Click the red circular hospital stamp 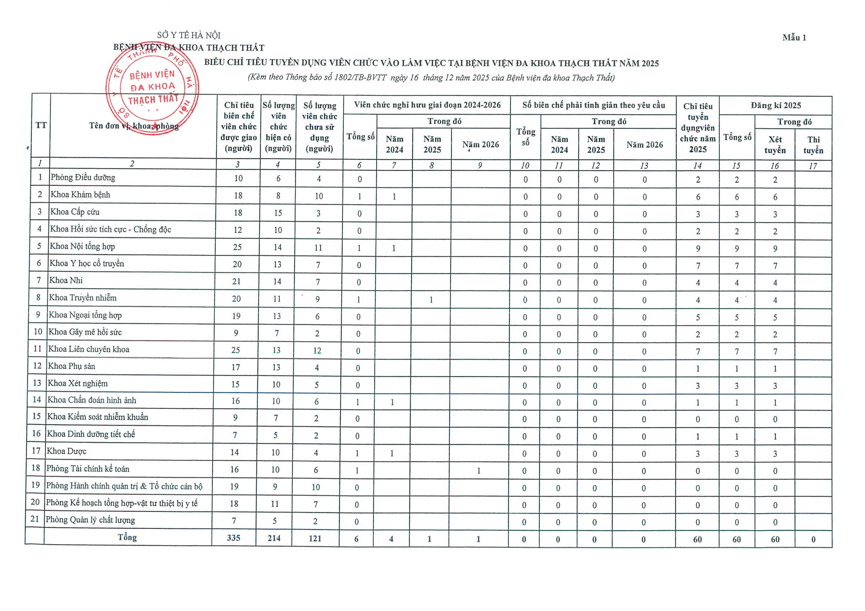tap(152, 88)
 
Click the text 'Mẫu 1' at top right tap(794, 38)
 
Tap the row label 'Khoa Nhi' tap(66, 280)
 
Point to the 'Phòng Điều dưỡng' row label tap(83, 178)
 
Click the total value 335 tap(234, 537)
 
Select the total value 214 tap(274, 538)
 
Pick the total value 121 tap(315, 538)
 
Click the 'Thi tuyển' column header tap(813, 145)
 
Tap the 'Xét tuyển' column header tap(775, 145)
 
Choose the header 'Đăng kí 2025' tap(776, 106)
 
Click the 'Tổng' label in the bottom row tap(127, 537)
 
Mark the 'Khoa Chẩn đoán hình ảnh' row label tap(92, 400)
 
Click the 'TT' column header tap(41, 125)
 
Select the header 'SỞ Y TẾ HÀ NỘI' tap(189, 35)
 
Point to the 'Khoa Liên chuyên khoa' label tap(89, 349)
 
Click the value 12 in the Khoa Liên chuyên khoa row tap(317, 351)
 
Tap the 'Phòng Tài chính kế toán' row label tap(88, 469)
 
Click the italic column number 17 tap(813, 165)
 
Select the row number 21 tap(35, 519)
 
